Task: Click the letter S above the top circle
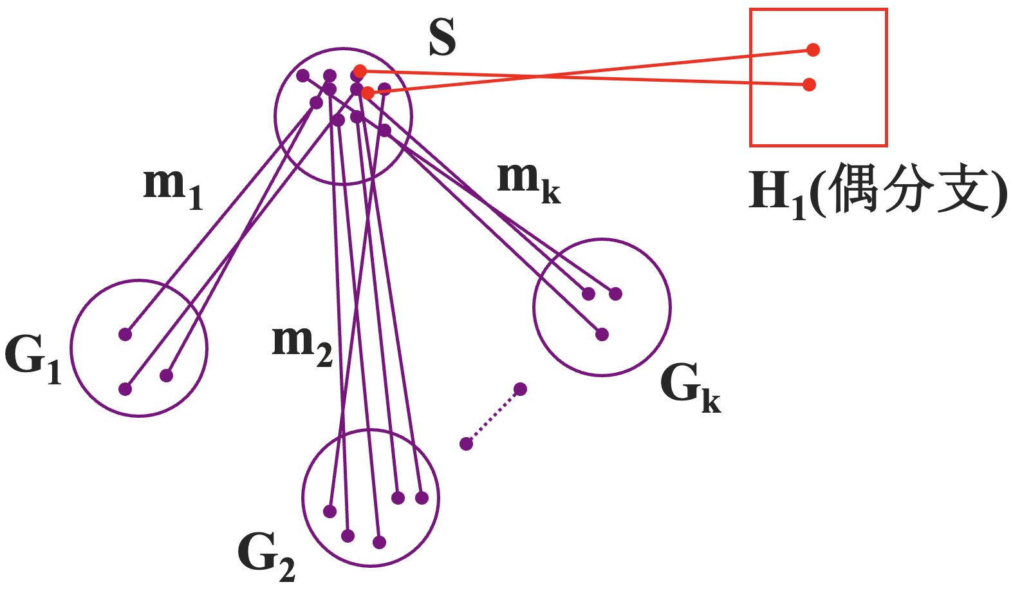443,37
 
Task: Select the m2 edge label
302,344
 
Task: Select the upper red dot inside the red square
813,50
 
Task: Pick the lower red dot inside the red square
810,84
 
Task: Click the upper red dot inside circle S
360,71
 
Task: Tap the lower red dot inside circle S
367,93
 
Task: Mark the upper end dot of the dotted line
521,389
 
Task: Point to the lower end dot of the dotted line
467,444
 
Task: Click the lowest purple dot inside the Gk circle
602,335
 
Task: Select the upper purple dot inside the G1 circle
125,334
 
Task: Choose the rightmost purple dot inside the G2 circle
422,498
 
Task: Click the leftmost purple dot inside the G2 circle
330,512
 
